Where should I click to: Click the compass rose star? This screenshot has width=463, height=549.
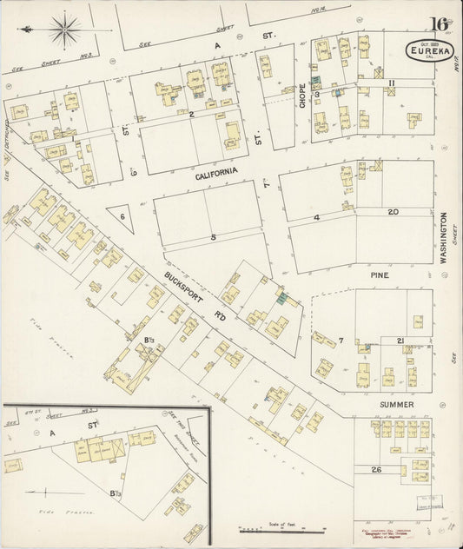63,30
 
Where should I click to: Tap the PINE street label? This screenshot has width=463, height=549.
380,274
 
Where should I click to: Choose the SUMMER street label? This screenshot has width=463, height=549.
395,405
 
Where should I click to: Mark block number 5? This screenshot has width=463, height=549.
212,235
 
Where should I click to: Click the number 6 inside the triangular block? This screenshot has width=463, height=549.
122,216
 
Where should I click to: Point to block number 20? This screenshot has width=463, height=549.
393,212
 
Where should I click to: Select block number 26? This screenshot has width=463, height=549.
376,470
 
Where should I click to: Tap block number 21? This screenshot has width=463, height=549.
400,340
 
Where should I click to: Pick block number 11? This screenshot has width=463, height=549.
392,83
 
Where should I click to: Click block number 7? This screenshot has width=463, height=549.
341,340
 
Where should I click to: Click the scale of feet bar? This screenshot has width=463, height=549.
281,530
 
